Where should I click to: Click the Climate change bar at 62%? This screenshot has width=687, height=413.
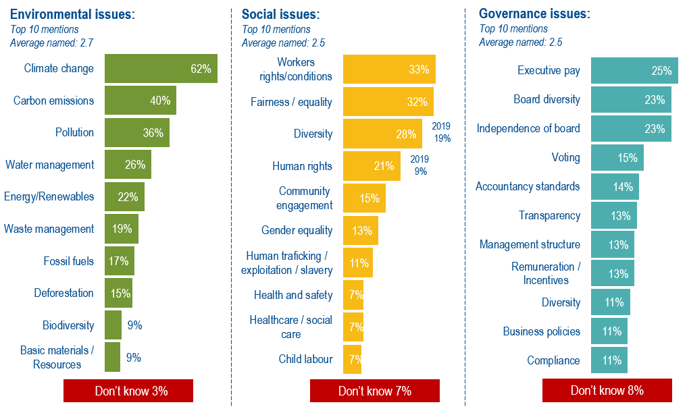tap(161, 69)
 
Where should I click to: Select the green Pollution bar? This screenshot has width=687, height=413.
tap(136, 133)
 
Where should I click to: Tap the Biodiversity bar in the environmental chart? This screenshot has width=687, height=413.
tap(113, 325)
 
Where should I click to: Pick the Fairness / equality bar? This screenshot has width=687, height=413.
tap(388, 102)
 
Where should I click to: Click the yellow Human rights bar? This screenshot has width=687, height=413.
tap(372, 166)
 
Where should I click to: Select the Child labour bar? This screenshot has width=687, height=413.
tap(352, 359)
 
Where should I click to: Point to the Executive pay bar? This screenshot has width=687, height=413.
tap(634, 71)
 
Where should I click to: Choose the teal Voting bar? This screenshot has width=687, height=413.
tap(617, 158)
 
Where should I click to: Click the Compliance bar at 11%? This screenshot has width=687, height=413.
tap(609, 360)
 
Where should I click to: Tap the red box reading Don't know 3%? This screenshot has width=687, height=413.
tap(128, 391)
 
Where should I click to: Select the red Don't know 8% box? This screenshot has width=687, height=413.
tap(607, 391)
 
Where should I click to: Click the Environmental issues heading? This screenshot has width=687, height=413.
tap(72, 14)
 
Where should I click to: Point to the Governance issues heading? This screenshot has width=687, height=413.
tap(534, 14)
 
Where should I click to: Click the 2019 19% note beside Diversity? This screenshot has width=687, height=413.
tap(441, 132)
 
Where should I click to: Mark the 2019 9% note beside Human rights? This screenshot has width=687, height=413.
tap(420, 165)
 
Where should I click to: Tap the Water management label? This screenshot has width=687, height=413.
tap(49, 165)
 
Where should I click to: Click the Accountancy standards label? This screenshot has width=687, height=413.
tap(528, 186)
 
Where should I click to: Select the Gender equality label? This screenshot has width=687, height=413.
tap(297, 231)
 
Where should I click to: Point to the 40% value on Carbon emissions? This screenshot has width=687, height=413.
tap(159, 101)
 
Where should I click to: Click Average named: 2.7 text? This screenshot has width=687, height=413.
tap(51, 43)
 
